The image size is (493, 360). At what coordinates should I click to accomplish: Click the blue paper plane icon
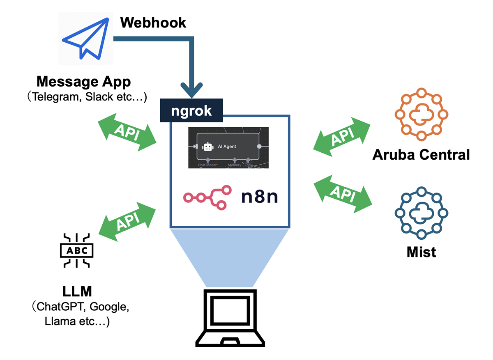[x=85, y=38]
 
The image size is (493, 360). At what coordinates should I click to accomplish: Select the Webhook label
[x=153, y=22]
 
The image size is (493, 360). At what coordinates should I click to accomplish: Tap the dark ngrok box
[x=191, y=111]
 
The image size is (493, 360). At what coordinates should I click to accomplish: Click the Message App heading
[x=83, y=82]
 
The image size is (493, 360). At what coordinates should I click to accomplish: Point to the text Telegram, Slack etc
[x=87, y=98]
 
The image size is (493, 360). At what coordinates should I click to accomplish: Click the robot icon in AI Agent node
[x=208, y=147]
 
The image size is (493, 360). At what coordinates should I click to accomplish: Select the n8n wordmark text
[x=259, y=197]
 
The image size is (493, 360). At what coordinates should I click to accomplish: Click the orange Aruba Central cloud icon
[x=421, y=114]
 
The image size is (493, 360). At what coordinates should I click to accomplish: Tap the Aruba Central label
[x=421, y=155]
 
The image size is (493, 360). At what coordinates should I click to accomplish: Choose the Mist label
[x=421, y=252]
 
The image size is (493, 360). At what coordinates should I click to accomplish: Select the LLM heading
[x=77, y=292]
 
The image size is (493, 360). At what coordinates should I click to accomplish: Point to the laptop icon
[x=229, y=316]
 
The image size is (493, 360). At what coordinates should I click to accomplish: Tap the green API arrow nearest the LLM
[x=128, y=222]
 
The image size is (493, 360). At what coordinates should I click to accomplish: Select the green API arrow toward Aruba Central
[x=342, y=137]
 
